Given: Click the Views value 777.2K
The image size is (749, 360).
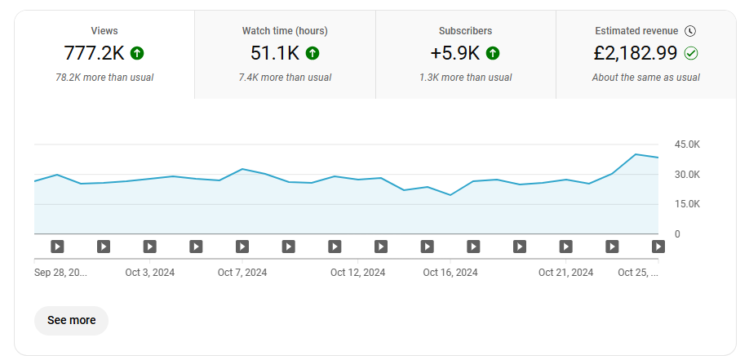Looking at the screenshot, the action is pyautogui.click(x=94, y=53).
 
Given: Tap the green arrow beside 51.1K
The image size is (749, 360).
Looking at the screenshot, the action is pyautogui.click(x=312, y=53).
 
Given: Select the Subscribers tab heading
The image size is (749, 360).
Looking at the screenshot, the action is pyautogui.click(x=465, y=31).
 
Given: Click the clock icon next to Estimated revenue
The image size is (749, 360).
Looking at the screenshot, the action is pyautogui.click(x=690, y=31).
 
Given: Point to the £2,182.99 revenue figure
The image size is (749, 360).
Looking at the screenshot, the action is pyautogui.click(x=636, y=53).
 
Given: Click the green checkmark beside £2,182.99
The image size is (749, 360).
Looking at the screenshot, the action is pyautogui.click(x=691, y=53).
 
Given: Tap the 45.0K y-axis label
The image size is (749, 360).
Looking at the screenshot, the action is pyautogui.click(x=687, y=144).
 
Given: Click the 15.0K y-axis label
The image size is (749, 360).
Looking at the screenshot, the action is pyautogui.click(x=687, y=204).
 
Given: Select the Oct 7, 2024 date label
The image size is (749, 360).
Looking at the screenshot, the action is pyautogui.click(x=242, y=273).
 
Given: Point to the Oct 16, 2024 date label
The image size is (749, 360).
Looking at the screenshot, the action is pyautogui.click(x=450, y=273).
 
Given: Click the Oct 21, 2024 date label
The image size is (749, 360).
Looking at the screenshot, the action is pyautogui.click(x=565, y=273).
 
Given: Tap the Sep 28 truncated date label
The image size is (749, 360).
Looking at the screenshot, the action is pyautogui.click(x=60, y=273).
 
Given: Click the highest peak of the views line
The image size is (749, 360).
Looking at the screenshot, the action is pyautogui.click(x=636, y=154).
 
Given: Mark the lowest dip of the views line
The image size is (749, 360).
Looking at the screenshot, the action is pyautogui.click(x=450, y=195).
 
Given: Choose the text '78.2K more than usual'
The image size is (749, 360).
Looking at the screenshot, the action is pyautogui.click(x=104, y=78).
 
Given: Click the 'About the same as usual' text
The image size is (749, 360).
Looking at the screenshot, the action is pyautogui.click(x=646, y=78).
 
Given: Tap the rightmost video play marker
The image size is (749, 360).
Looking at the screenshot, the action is pyautogui.click(x=658, y=247).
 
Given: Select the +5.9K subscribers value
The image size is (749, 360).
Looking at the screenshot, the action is pyautogui.click(x=454, y=53).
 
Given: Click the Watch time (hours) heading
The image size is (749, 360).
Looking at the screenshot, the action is pyautogui.click(x=285, y=31).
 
